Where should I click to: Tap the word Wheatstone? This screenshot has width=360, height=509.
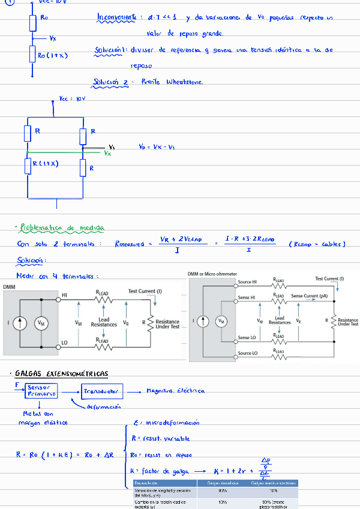tap(185, 82)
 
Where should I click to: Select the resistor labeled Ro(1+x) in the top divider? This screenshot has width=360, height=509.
tap(33, 55)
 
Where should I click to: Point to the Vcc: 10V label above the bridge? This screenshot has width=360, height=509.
tap(73, 98)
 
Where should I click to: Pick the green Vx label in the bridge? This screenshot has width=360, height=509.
tap(107, 154)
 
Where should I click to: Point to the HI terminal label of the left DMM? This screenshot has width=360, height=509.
tap(65, 295)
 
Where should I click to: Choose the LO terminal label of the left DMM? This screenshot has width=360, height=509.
tap(65, 343)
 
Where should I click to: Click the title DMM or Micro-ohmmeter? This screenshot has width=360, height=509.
tap(212, 274)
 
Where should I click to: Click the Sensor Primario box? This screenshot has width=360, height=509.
tap(41, 391)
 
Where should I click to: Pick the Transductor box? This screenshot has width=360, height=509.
tap(102, 391)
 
